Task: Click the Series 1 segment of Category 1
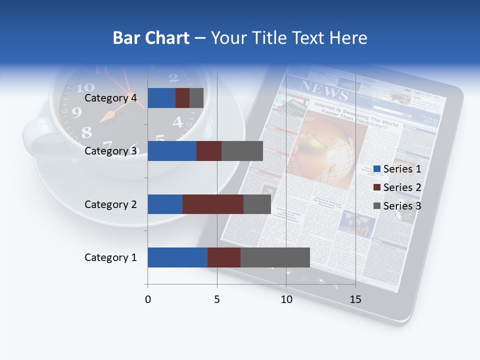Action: click(x=177, y=257)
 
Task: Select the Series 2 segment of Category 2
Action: click(x=213, y=204)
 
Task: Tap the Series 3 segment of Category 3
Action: click(x=242, y=151)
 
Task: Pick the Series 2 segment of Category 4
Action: click(x=182, y=98)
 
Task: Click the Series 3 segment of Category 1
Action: click(x=275, y=257)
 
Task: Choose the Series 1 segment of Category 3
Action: click(x=172, y=151)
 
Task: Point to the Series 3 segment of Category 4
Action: click(x=196, y=98)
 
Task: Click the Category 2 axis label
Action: click(x=110, y=204)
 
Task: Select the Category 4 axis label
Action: click(x=110, y=98)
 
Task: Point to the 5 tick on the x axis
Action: click(x=217, y=299)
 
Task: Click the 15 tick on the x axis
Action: click(x=355, y=299)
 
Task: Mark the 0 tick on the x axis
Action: click(x=147, y=299)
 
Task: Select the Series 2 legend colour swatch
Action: click(x=377, y=187)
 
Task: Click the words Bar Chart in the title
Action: click(x=151, y=38)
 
